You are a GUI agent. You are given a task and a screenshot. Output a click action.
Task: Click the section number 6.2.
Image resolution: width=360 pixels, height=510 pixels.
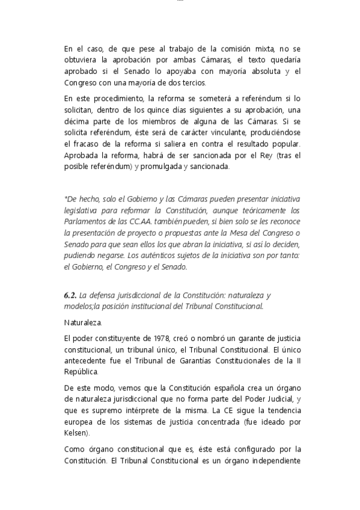tap(70, 295)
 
